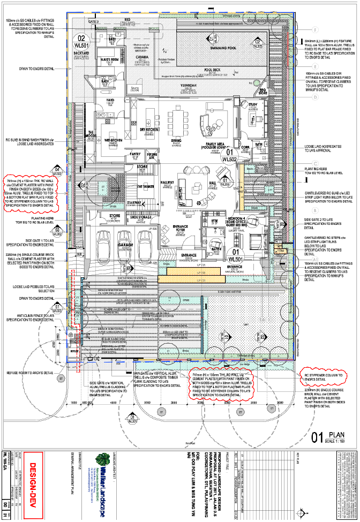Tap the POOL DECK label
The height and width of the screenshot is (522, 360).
click(x=212, y=69)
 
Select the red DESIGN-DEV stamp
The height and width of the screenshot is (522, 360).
click(x=32, y=476)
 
